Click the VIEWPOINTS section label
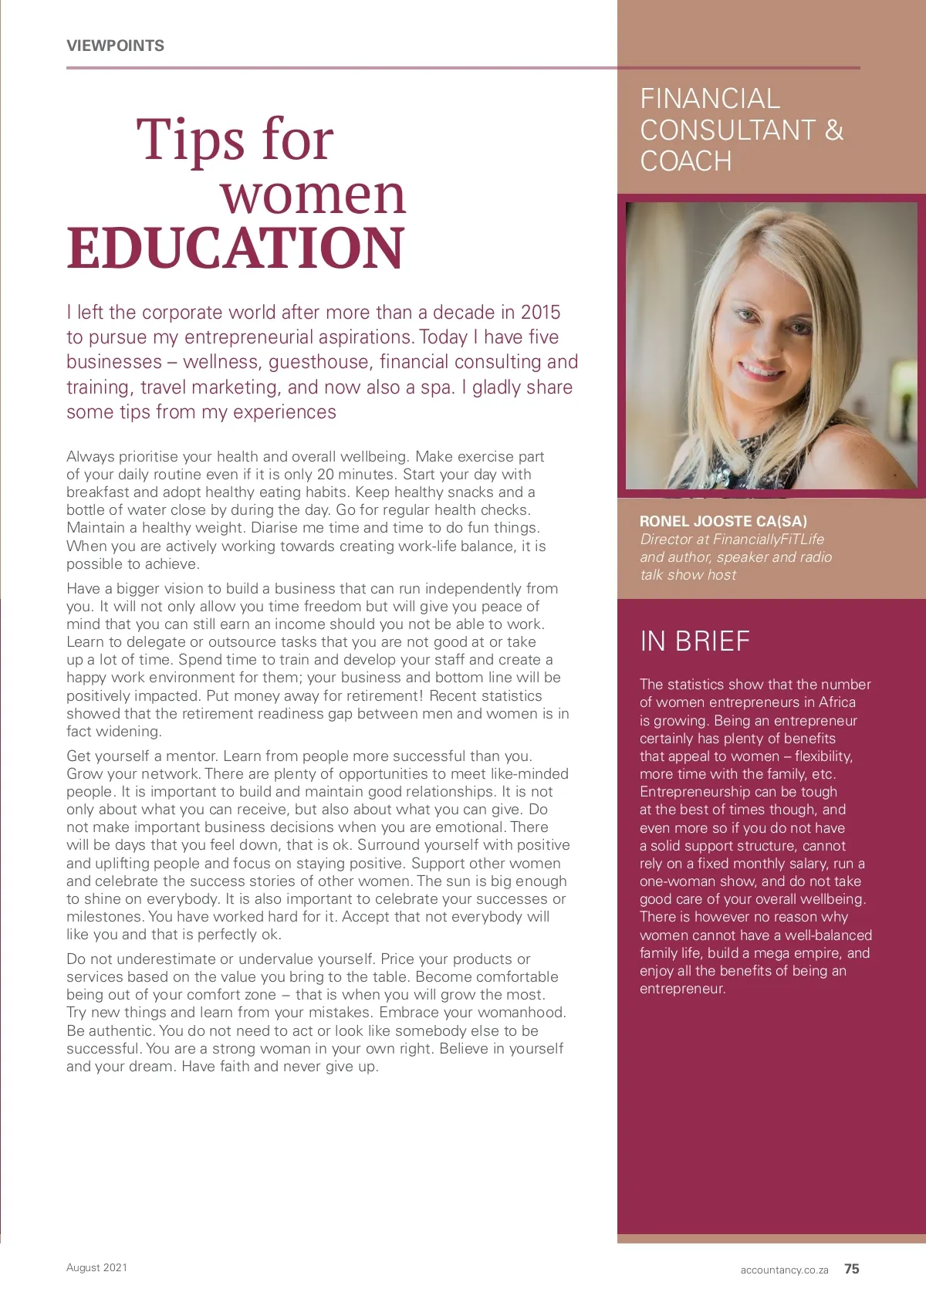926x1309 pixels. [x=115, y=46]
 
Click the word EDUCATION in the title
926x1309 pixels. [x=235, y=249]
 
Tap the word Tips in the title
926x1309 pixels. [x=191, y=140]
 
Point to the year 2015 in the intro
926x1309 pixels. [x=540, y=313]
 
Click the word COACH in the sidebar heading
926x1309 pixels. [x=686, y=161]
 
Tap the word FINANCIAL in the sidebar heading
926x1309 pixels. [x=710, y=99]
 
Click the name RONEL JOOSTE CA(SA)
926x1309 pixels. [x=723, y=522]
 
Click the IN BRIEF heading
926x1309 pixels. [x=694, y=641]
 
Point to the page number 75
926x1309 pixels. [x=852, y=1269]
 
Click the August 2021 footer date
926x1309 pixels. [x=96, y=1267]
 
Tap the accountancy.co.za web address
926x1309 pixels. [x=784, y=1270]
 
